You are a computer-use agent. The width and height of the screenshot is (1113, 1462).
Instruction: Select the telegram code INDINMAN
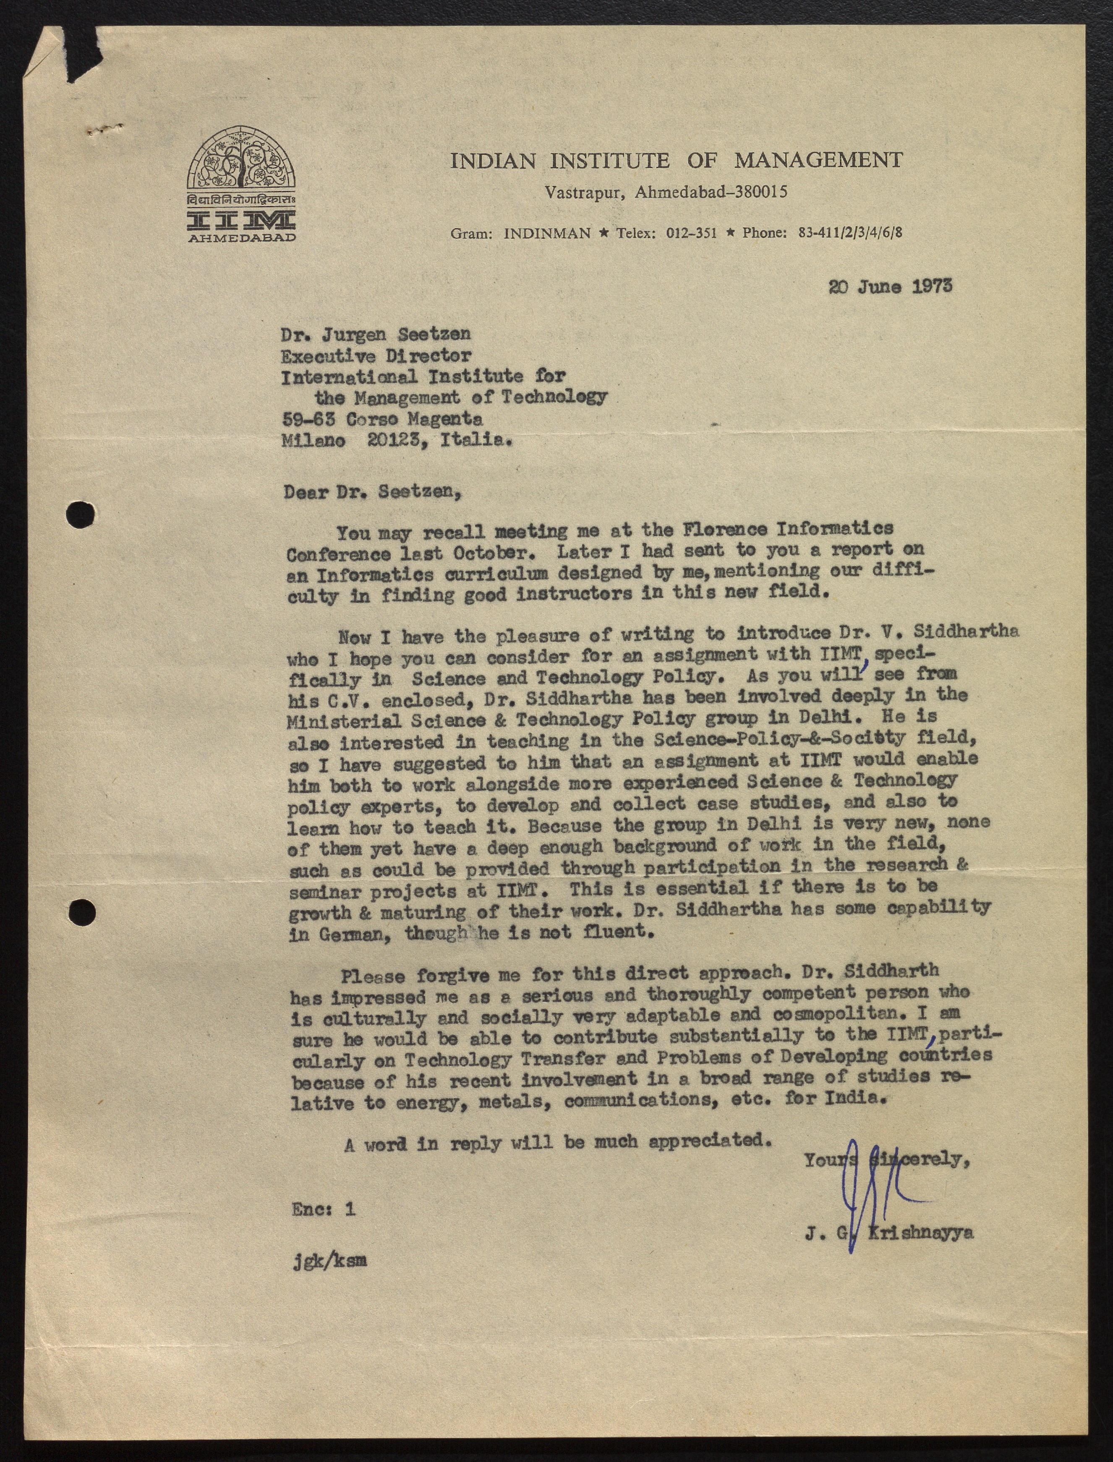(547, 233)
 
